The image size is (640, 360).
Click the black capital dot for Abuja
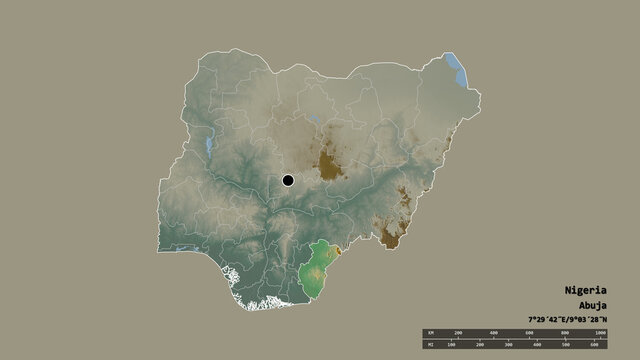(288, 180)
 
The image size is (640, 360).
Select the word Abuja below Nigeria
(592, 305)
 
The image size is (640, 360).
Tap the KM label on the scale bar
(429, 331)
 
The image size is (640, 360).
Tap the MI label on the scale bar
(429, 344)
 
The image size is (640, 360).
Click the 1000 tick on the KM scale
(600, 331)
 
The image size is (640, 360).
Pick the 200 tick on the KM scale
(458, 331)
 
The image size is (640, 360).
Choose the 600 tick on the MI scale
(601, 344)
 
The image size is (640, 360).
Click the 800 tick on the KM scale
(565, 331)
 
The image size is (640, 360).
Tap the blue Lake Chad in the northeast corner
(459, 68)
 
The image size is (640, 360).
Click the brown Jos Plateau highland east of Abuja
(327, 165)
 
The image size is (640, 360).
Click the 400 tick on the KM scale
(494, 331)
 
